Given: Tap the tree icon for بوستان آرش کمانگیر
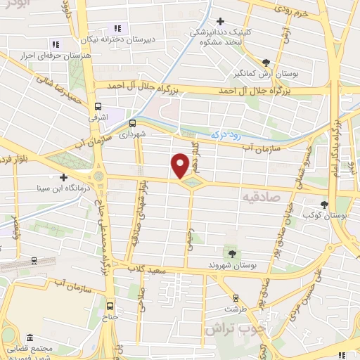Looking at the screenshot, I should click(x=266, y=62).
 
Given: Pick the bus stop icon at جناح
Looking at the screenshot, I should click(x=110, y=305).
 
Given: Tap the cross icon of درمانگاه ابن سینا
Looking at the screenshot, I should click(x=64, y=178).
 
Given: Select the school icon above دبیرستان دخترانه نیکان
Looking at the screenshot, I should click(x=117, y=29).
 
